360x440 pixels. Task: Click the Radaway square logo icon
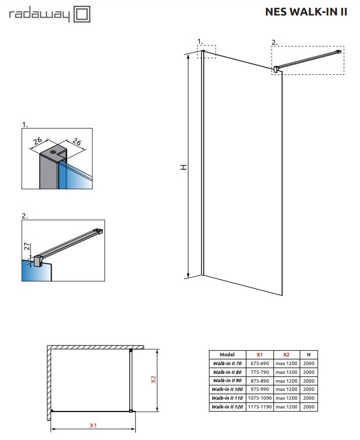(82, 14)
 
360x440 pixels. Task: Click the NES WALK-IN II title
(305, 12)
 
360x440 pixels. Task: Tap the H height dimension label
(183, 167)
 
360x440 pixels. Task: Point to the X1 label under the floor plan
(93, 426)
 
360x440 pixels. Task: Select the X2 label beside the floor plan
(153, 380)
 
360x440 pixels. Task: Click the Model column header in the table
(227, 355)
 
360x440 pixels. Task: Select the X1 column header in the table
(260, 355)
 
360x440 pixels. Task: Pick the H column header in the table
(308, 355)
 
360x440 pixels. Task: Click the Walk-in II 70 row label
(227, 364)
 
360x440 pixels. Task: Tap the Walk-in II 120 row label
(227, 407)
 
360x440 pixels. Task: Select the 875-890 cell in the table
(260, 381)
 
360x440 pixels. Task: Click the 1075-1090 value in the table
(260, 399)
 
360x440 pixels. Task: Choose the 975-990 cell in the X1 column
(260, 390)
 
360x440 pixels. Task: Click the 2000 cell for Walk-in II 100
(308, 390)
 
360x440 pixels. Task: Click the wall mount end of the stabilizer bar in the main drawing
(339, 51)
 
